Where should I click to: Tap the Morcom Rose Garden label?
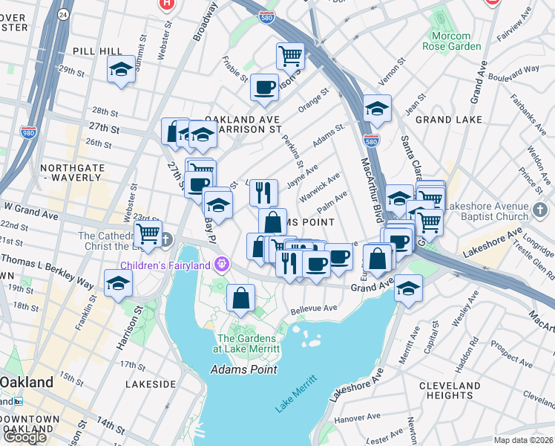(x=451, y=41)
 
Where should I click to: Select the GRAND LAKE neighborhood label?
(x=449, y=119)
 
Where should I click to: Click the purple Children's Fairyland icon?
(x=220, y=264)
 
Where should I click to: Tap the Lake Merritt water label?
(x=295, y=393)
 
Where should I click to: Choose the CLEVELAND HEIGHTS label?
(x=450, y=390)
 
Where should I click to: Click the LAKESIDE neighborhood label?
(x=151, y=384)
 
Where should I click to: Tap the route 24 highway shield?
(x=63, y=14)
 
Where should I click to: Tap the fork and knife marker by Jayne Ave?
(x=263, y=192)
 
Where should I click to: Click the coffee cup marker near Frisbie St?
(x=264, y=87)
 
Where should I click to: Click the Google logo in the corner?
(x=24, y=436)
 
